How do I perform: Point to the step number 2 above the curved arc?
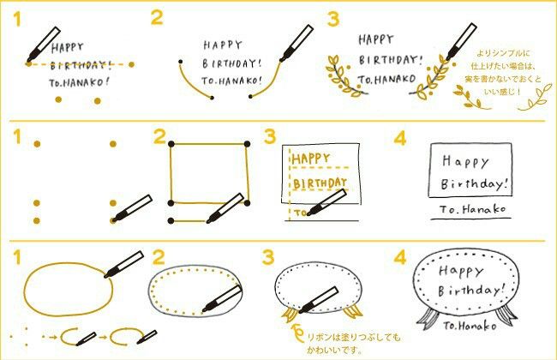click(156, 18)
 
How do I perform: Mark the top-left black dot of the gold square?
click(171, 142)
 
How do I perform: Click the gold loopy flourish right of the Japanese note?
click(536, 102)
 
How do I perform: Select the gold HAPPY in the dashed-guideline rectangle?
click(312, 158)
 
